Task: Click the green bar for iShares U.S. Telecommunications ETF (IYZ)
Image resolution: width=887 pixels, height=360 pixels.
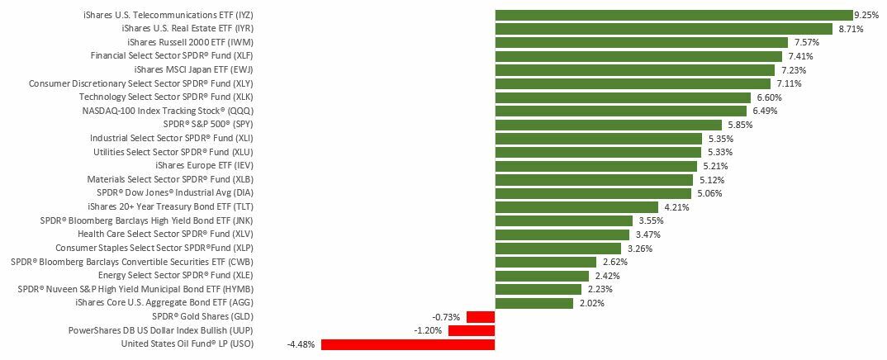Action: click(x=673, y=15)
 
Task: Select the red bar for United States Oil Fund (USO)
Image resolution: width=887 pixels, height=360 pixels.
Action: click(x=407, y=344)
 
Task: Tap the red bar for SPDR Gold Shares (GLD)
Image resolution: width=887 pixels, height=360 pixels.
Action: click(x=480, y=317)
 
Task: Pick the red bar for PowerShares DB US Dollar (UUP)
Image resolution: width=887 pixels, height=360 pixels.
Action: click(x=471, y=330)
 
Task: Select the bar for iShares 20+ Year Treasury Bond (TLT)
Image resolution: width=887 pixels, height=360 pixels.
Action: click(x=576, y=207)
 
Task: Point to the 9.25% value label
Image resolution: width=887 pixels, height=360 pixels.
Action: click(x=866, y=15)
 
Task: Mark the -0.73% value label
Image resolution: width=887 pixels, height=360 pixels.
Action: click(x=446, y=317)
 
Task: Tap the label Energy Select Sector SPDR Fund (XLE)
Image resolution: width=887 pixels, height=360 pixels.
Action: click(x=175, y=275)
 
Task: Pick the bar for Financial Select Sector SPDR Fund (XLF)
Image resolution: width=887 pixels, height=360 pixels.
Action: click(x=638, y=56)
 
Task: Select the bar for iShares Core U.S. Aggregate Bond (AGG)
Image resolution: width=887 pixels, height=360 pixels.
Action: click(x=534, y=303)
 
